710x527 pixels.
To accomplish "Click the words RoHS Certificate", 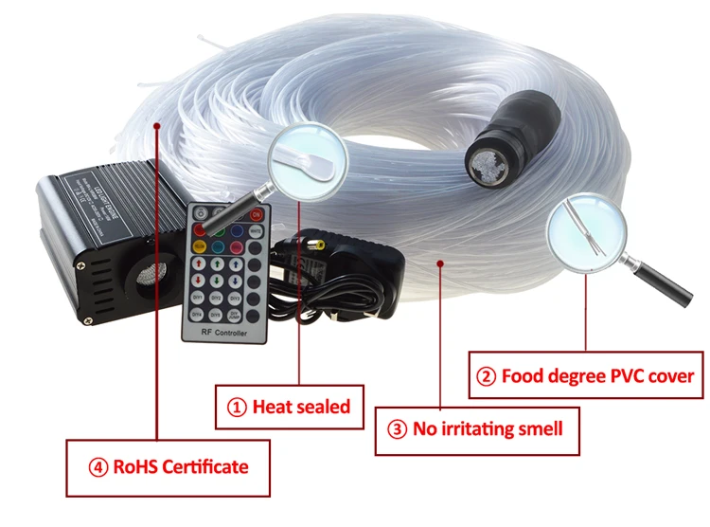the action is coord(181,465).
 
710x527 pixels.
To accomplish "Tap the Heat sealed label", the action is coord(301,407).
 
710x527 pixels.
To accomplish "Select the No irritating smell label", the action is coord(488,428).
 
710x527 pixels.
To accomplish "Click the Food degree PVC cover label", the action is coord(597,376).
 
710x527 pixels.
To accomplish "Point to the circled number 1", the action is coord(237,408).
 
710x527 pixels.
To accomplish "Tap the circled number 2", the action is coord(486,376).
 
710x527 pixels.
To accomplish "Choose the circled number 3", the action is coord(398,428).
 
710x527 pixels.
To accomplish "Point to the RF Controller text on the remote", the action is coord(223,333).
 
